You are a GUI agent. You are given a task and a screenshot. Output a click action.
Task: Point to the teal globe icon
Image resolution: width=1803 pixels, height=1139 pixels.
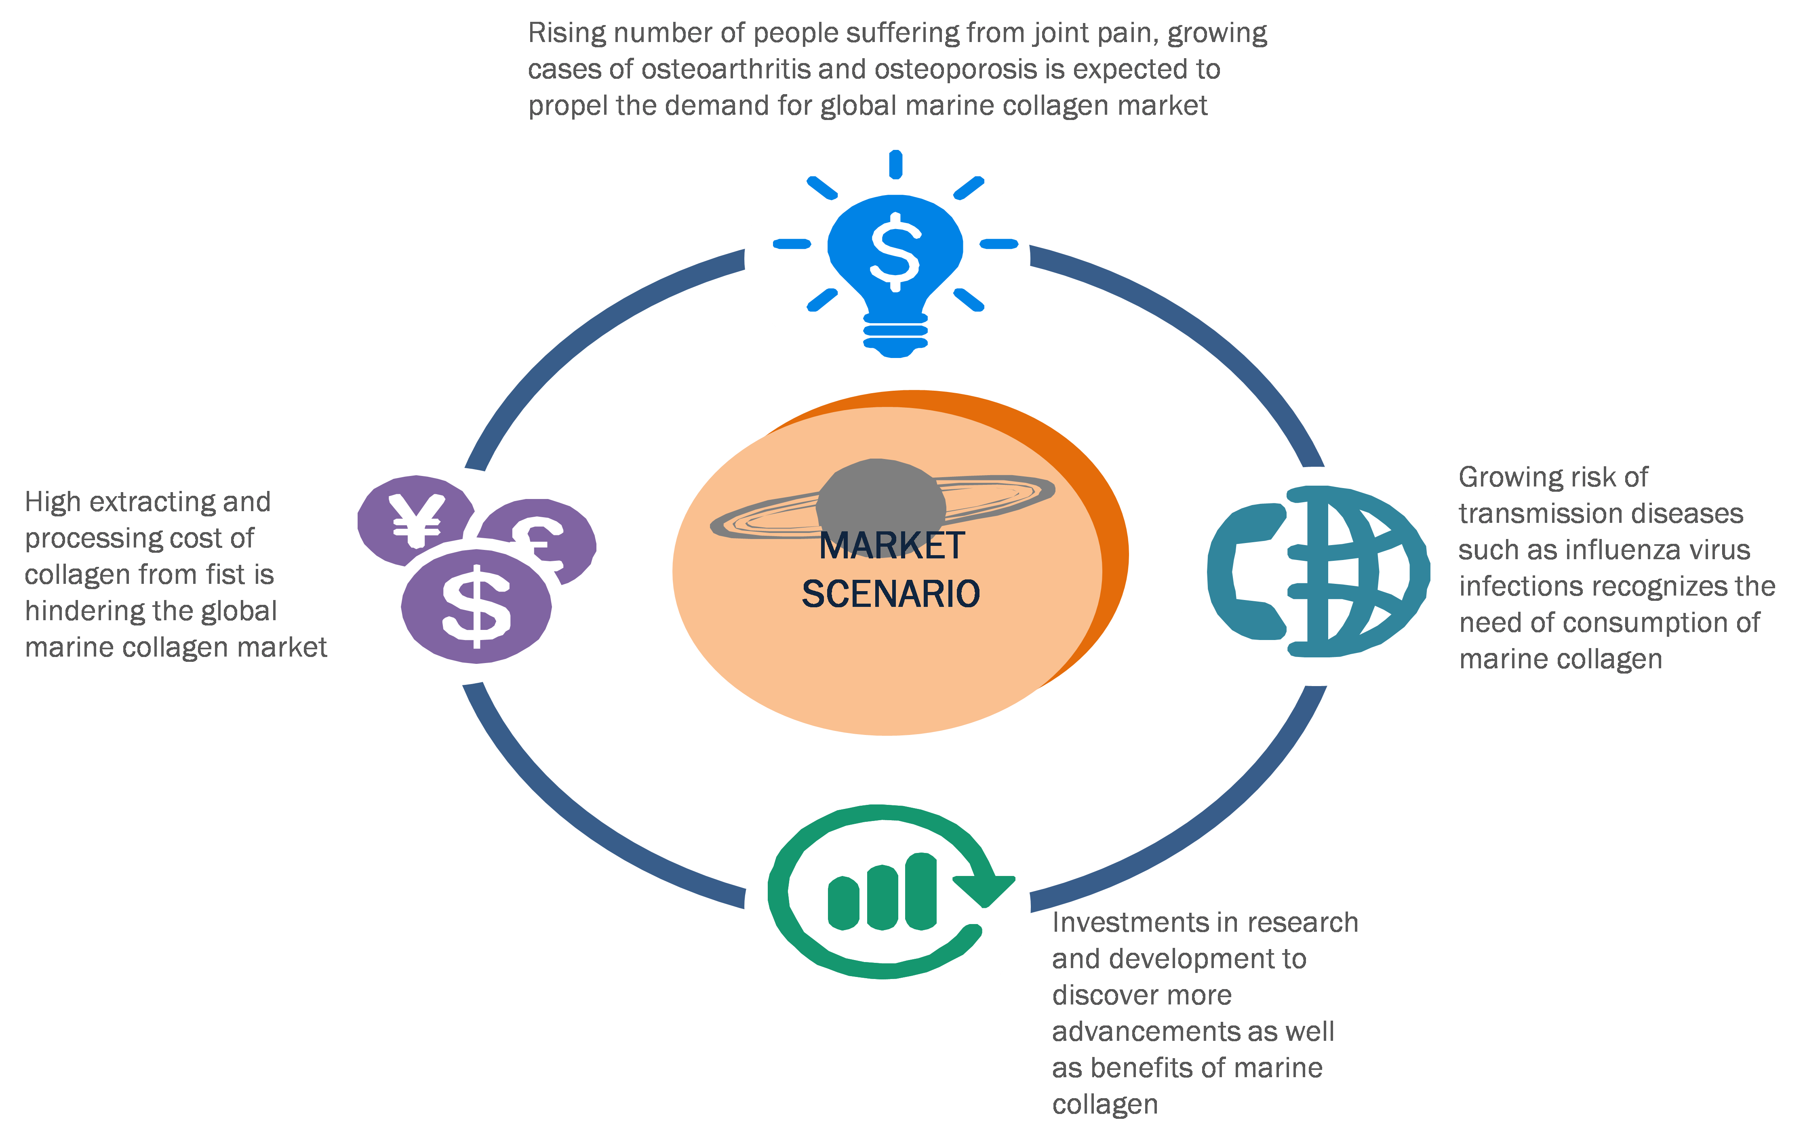tap(1348, 573)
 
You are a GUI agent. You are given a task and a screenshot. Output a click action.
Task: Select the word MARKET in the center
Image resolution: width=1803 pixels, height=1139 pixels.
tap(891, 546)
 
